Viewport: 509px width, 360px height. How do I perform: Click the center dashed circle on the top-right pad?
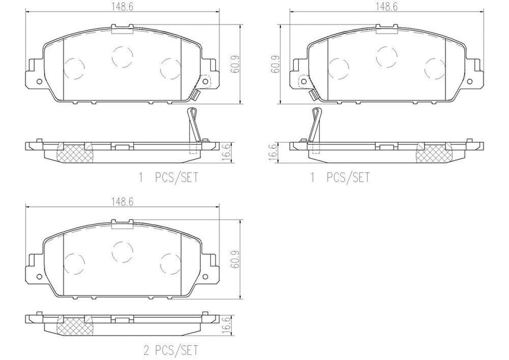pos(386,56)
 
